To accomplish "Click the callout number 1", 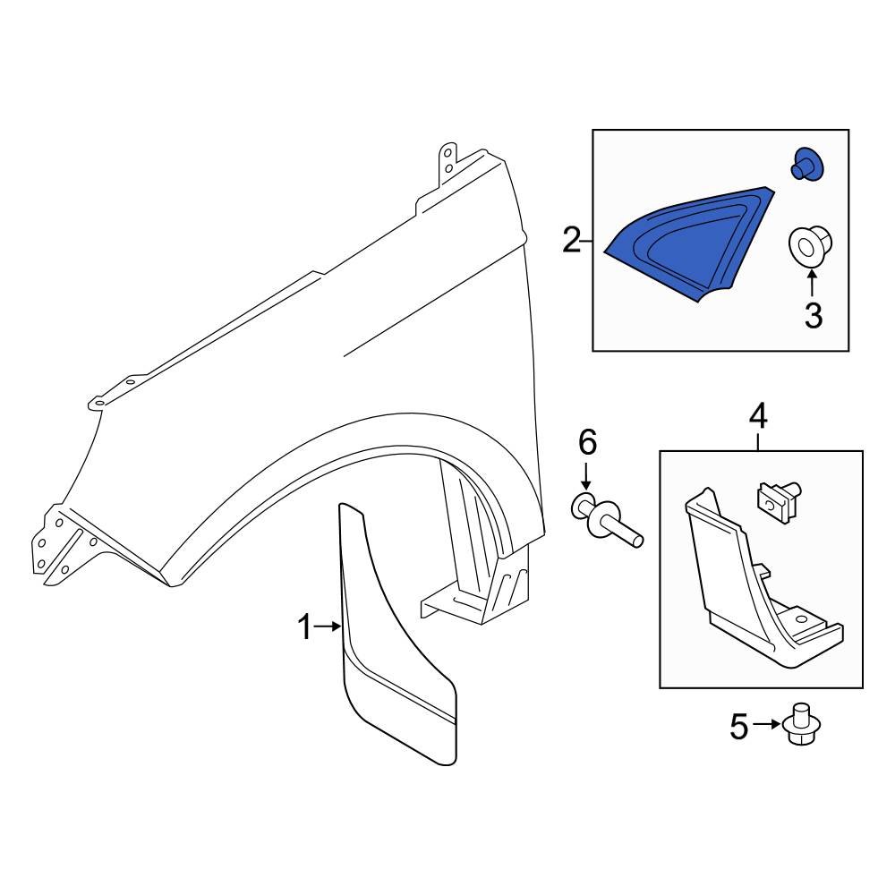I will [305, 628].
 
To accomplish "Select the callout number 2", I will [571, 241].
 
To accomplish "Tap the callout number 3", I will [813, 315].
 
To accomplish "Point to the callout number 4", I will [757, 415].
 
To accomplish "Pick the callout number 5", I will [738, 727].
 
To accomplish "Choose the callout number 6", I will [586, 441].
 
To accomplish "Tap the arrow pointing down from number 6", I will [586, 475].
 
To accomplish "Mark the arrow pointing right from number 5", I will [765, 725].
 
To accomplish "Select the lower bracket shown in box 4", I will [761, 591].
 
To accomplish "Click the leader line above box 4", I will [757, 439].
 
